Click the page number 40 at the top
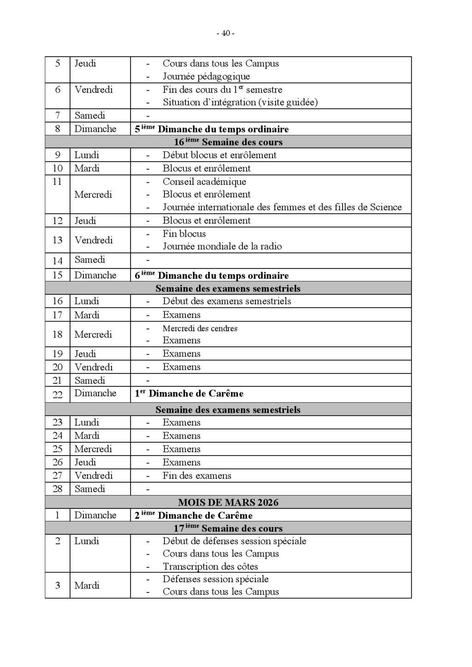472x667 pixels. pyautogui.click(x=225, y=33)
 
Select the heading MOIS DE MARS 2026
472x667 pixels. pyautogui.click(x=228, y=502)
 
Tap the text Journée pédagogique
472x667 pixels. pyautogui.click(x=206, y=76)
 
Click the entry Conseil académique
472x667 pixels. pyautogui.click(x=204, y=181)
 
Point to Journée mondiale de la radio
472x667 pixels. pyautogui.click(x=222, y=246)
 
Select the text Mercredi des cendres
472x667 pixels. pyautogui.click(x=200, y=328)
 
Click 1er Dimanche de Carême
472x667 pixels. pyautogui.click(x=189, y=394)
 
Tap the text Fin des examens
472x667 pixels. pyautogui.click(x=197, y=476)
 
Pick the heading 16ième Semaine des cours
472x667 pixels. pyautogui.click(x=228, y=142)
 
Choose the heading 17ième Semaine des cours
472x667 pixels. pyautogui.click(x=228, y=528)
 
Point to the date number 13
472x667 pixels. pyautogui.click(x=58, y=240)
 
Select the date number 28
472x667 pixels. pyautogui.click(x=58, y=489)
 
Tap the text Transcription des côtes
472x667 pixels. pyautogui.click(x=210, y=567)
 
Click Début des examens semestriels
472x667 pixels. pyautogui.click(x=227, y=301)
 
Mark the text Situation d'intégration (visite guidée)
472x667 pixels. pyautogui.click(x=240, y=102)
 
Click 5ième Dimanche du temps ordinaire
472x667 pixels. pyautogui.click(x=212, y=129)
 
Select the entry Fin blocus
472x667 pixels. pyautogui.click(x=184, y=234)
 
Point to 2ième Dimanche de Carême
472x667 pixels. pyautogui.click(x=194, y=515)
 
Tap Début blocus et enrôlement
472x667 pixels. pyautogui.click(x=219, y=155)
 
